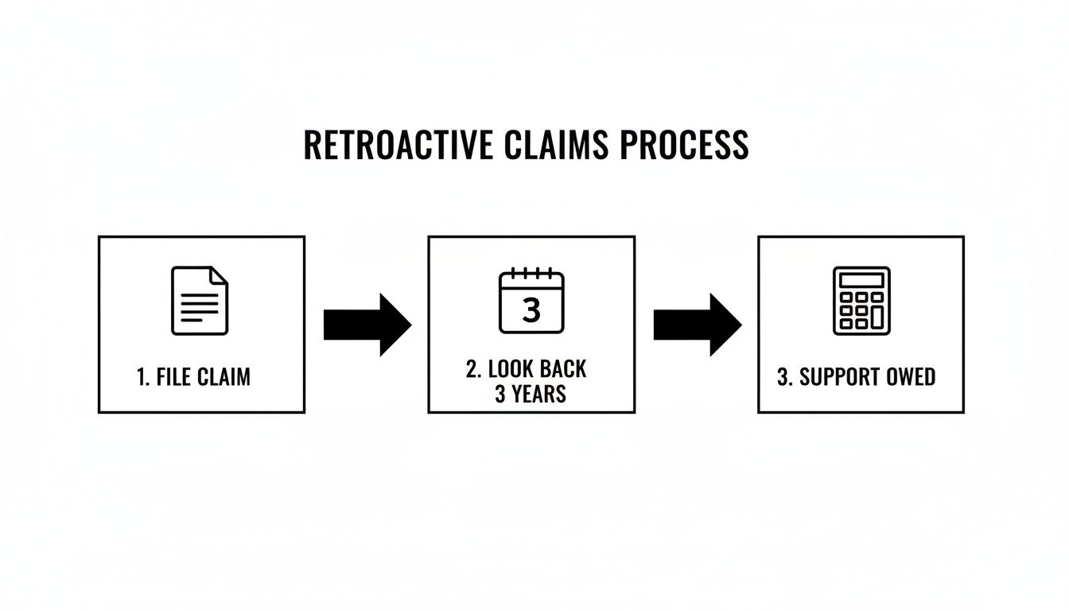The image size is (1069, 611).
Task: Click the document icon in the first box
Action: pyautogui.click(x=200, y=300)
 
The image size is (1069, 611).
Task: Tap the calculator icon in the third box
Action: pyautogui.click(x=861, y=300)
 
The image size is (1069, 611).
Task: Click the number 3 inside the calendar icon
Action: pyautogui.click(x=531, y=310)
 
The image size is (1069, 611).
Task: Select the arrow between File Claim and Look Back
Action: pyautogui.click(x=367, y=325)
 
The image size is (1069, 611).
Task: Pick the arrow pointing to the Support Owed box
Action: pyautogui.click(x=697, y=325)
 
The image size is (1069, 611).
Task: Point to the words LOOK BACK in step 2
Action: pyautogui.click(x=537, y=369)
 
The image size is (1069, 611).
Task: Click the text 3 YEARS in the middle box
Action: pyautogui.click(x=531, y=394)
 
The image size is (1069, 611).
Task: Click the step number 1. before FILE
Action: pyautogui.click(x=143, y=377)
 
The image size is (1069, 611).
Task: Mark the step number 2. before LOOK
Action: pyautogui.click(x=474, y=369)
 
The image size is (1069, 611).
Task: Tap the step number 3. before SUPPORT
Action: pyautogui.click(x=785, y=377)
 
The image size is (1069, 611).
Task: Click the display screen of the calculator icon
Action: pyautogui.click(x=861, y=280)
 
